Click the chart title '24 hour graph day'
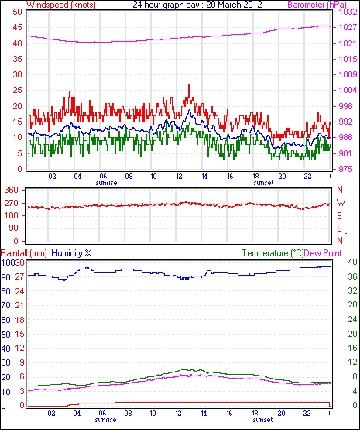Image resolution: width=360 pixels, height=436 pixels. point(166,5)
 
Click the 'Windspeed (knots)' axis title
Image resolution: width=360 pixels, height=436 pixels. point(61,5)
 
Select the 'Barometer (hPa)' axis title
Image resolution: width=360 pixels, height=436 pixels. point(317,5)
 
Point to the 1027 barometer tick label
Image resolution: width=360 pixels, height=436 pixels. point(348,27)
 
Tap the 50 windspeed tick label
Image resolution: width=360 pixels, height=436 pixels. point(17,12)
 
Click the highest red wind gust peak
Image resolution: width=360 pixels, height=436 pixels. point(189,84)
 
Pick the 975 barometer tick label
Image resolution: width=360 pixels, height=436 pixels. point(345,169)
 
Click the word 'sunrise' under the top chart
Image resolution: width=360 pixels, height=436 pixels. point(106,183)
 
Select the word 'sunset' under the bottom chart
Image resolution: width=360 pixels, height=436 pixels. point(262,420)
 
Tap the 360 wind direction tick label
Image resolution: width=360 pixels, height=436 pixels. point(12,191)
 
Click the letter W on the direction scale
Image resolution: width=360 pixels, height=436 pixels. point(341,203)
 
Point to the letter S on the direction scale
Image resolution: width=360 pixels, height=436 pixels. point(339,215)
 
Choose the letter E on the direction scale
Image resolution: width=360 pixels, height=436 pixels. point(339,228)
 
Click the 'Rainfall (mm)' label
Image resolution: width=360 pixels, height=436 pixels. point(24,253)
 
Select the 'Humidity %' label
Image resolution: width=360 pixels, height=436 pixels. point(71,253)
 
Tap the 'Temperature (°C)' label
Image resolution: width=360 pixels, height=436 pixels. point(273,253)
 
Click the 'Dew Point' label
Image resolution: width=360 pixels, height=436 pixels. point(323,253)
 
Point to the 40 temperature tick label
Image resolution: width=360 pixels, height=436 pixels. point(352,262)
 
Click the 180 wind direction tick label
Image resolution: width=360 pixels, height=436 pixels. point(12,215)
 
